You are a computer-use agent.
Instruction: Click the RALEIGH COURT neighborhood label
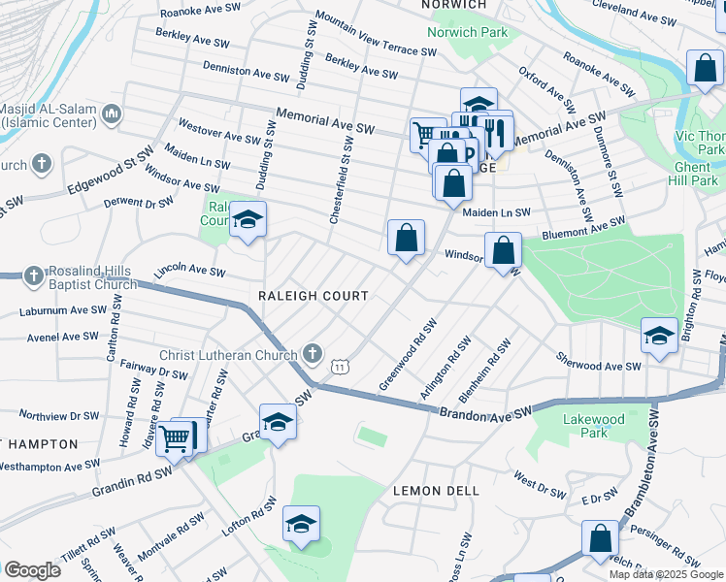coord(313,295)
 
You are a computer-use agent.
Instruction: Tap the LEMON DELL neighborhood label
coord(436,491)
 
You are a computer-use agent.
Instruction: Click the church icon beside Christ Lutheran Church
coord(312,354)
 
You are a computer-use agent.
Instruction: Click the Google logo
coord(32,569)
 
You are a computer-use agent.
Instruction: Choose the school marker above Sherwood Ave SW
coord(659,337)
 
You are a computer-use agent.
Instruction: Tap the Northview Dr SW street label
coord(58,415)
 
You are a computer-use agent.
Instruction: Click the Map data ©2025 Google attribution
coord(665,574)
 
